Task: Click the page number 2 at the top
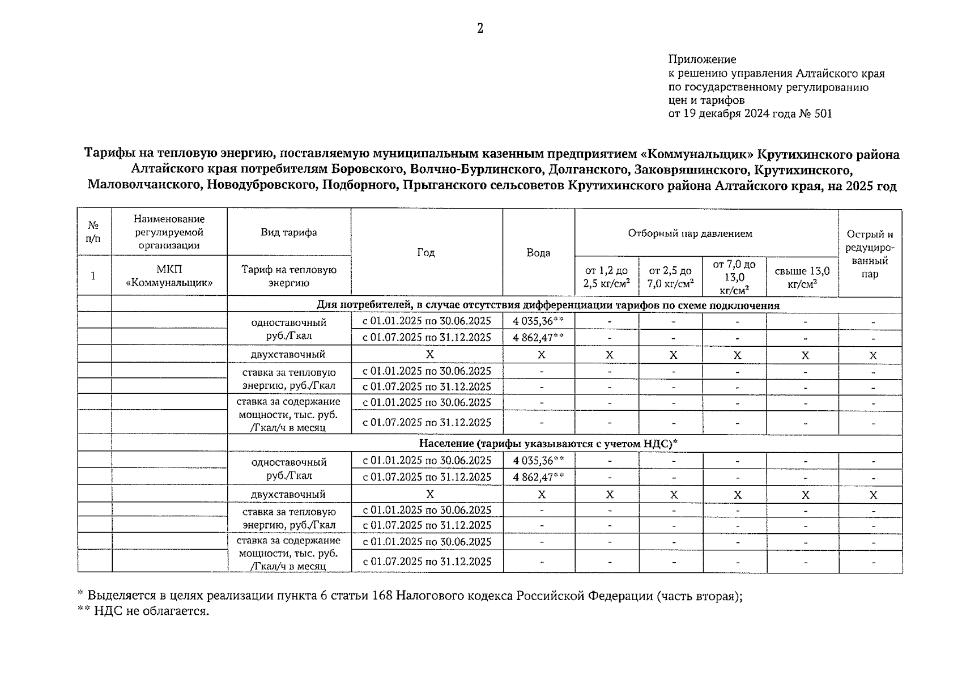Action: click(x=480, y=28)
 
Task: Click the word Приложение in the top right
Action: click(x=702, y=59)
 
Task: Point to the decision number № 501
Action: click(x=816, y=114)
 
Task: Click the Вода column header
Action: click(x=538, y=253)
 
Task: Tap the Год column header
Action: click(x=426, y=253)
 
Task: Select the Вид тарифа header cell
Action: click(x=288, y=232)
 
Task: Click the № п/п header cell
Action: click(x=94, y=232)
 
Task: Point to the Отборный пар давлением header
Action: click(x=689, y=233)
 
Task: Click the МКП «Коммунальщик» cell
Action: click(x=169, y=276)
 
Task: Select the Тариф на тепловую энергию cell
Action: click(x=288, y=276)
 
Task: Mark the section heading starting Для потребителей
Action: click(x=547, y=305)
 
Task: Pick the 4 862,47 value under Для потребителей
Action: click(x=534, y=338)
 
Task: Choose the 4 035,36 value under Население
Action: click(x=534, y=461)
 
